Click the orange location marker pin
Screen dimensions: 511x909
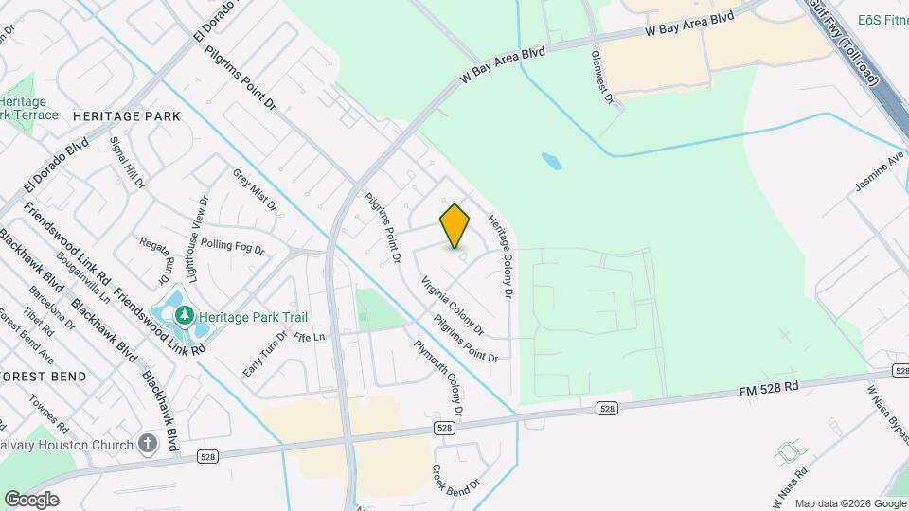click(x=454, y=226)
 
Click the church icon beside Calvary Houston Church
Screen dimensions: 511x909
click(x=147, y=443)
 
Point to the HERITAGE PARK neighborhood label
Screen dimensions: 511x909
click(x=126, y=115)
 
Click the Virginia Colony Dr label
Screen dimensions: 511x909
click(x=453, y=306)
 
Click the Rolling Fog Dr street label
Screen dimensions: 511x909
click(x=232, y=247)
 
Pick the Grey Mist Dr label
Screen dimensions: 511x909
click(x=255, y=189)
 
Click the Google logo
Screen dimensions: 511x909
click(x=31, y=499)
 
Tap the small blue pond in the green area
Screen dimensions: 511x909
click(x=551, y=161)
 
